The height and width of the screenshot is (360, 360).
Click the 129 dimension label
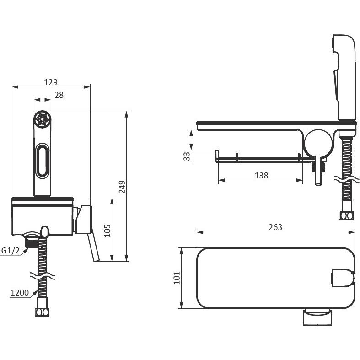pos(50,82)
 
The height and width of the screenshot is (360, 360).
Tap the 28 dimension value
pos(59,95)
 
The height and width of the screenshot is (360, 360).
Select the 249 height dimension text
pos(122,187)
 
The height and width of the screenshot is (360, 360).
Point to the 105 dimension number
pos(107,231)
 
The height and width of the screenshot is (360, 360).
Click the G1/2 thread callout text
pos(11,251)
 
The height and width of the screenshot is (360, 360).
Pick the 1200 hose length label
pos(20,292)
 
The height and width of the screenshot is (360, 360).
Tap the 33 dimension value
pos(187,156)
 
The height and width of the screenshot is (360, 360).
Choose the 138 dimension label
pos(261,176)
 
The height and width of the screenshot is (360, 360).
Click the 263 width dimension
pos(275,227)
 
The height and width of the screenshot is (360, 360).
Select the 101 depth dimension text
pos(177,278)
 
